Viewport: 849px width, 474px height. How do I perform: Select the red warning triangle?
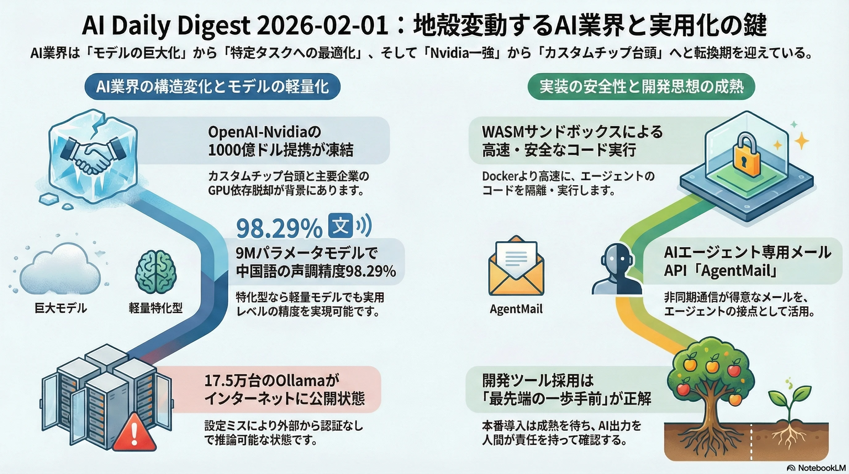coord(134,432)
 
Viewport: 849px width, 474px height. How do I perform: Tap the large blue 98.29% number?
coord(279,228)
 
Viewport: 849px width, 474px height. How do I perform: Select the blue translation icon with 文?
coord(341,226)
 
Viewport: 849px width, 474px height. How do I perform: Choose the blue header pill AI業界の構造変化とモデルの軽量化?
coord(212,87)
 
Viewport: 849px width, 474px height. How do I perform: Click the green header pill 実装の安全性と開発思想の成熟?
coord(641,86)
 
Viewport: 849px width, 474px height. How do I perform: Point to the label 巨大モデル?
coord(61,309)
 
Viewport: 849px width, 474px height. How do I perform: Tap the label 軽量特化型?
coord(155,309)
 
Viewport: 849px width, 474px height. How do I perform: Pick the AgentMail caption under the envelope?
coord(516,309)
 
